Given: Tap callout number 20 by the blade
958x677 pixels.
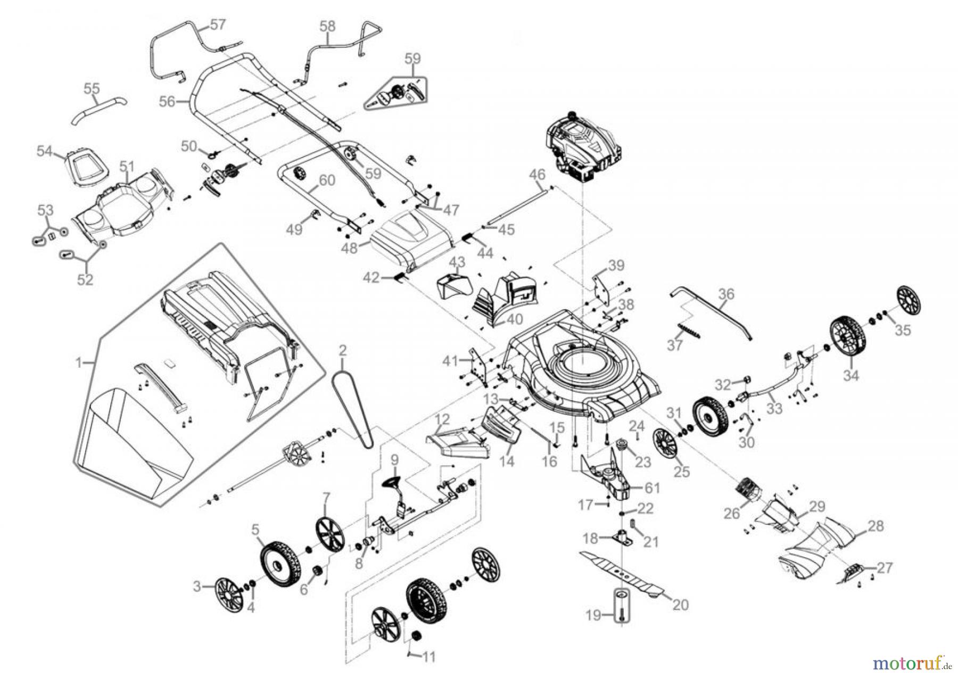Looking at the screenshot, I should click(x=681, y=605).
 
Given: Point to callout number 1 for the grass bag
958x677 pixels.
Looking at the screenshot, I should click(x=79, y=363).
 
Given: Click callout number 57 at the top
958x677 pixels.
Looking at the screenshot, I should click(x=218, y=24).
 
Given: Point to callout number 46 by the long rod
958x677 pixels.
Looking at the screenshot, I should click(x=538, y=174).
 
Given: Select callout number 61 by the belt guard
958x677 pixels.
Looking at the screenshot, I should click(x=653, y=488).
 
